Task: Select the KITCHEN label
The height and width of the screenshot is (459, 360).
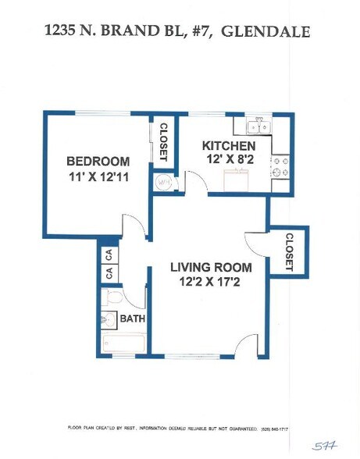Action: click(x=229, y=146)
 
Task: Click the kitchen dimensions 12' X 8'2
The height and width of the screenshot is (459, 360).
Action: click(x=229, y=160)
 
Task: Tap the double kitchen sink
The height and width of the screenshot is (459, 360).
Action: click(x=258, y=125)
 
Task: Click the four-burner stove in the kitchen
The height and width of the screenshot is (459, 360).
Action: click(x=280, y=165)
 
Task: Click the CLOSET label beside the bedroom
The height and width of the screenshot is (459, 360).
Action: click(x=163, y=141)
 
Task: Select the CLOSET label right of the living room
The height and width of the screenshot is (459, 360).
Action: click(x=288, y=251)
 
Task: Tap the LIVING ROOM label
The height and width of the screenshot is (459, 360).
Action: click(x=209, y=268)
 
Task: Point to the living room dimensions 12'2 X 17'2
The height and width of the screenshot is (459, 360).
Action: click(x=209, y=282)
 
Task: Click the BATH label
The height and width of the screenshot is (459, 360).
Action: click(x=133, y=318)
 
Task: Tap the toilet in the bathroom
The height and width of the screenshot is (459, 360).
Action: click(x=112, y=297)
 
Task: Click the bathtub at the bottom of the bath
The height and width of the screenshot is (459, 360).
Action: click(x=123, y=343)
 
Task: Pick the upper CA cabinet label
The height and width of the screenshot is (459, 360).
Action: click(x=109, y=254)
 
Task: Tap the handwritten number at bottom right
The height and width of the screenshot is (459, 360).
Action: click(x=323, y=446)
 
